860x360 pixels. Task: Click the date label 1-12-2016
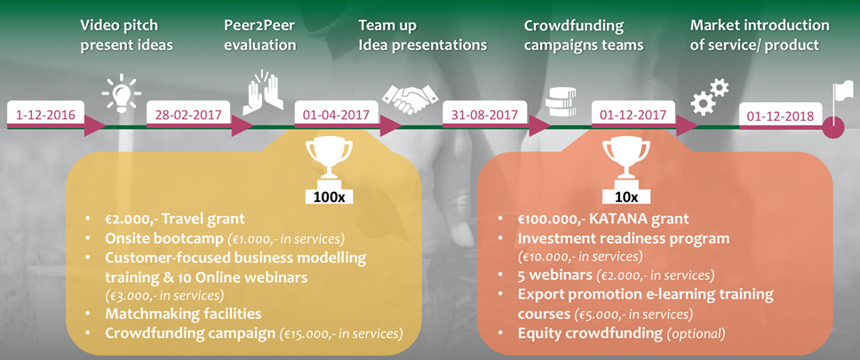tap(46, 116)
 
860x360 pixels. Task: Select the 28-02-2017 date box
tap(188, 116)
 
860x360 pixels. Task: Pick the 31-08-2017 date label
tap(484, 116)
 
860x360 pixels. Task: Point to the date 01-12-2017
tap(633, 116)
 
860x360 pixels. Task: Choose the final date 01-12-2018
tap(781, 116)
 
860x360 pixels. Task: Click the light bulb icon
tap(122, 94)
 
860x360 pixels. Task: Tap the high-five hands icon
tap(264, 92)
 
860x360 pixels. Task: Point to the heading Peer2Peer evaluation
tap(260, 36)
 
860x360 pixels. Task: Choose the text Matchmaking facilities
tap(183, 314)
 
